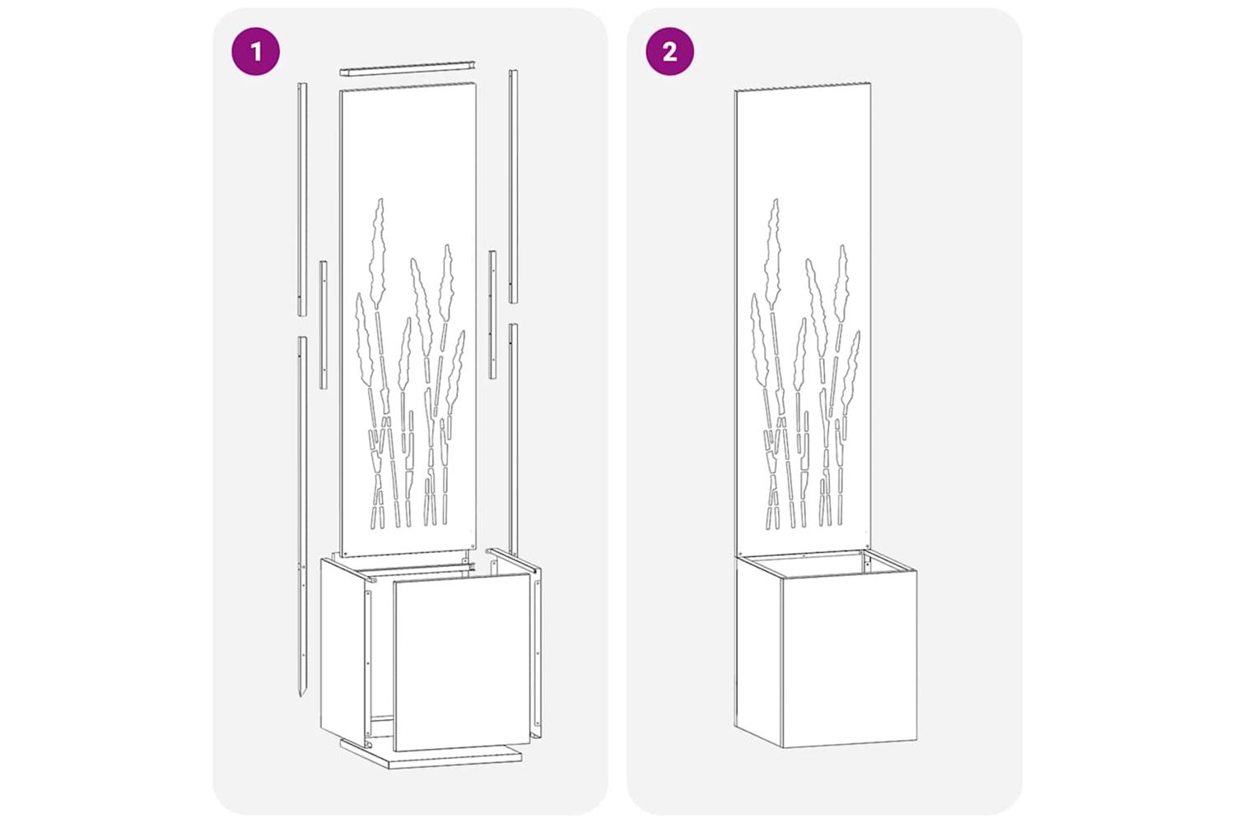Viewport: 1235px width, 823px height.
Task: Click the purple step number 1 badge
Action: [255, 51]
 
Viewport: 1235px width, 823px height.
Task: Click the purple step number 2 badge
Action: [670, 51]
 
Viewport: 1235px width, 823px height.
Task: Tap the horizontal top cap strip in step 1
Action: [407, 68]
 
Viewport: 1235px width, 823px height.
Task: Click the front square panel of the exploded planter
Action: [461, 662]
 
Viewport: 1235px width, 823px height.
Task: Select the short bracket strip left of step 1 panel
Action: [323, 325]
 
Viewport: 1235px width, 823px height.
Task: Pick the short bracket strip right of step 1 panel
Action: [492, 314]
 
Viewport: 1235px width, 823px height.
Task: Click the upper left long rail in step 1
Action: [302, 199]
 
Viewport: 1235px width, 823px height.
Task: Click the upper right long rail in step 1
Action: [513, 186]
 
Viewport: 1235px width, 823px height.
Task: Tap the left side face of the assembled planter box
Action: [758, 650]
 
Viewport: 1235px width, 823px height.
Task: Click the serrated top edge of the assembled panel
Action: [803, 87]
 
